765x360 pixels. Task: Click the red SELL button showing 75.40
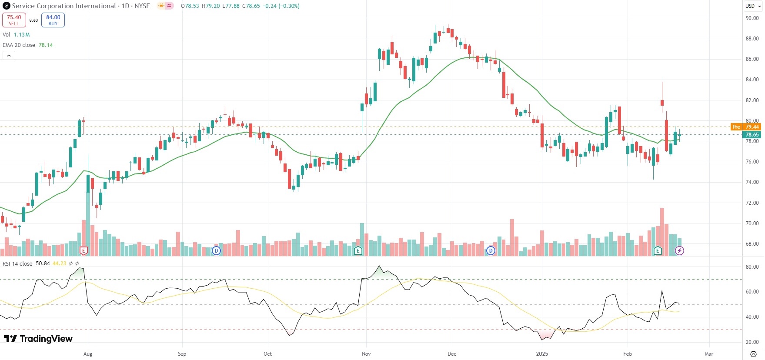point(14,20)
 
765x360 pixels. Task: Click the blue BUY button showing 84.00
point(53,20)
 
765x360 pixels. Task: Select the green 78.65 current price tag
point(752,135)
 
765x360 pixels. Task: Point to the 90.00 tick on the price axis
point(752,18)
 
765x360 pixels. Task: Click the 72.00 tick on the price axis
point(752,203)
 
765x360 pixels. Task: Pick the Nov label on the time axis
point(366,354)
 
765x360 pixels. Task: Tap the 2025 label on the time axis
point(542,354)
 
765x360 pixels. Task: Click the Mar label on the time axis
point(709,354)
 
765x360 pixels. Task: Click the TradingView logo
point(38,339)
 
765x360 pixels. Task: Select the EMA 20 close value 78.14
point(46,45)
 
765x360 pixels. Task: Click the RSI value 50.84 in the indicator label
point(43,263)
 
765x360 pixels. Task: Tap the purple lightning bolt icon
point(679,250)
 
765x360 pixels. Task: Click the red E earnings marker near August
point(84,250)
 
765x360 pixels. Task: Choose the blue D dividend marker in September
point(216,250)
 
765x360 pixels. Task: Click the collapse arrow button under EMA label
point(9,55)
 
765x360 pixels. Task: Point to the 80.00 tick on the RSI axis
point(752,267)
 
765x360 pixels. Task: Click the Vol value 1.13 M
point(22,35)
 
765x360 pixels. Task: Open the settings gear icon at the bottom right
point(753,354)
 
